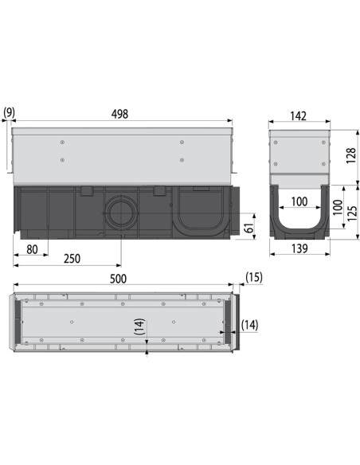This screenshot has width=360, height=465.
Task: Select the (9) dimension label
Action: pos(9,113)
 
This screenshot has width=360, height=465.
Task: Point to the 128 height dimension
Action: pos(351,156)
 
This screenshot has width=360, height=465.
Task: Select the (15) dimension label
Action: pos(253,277)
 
